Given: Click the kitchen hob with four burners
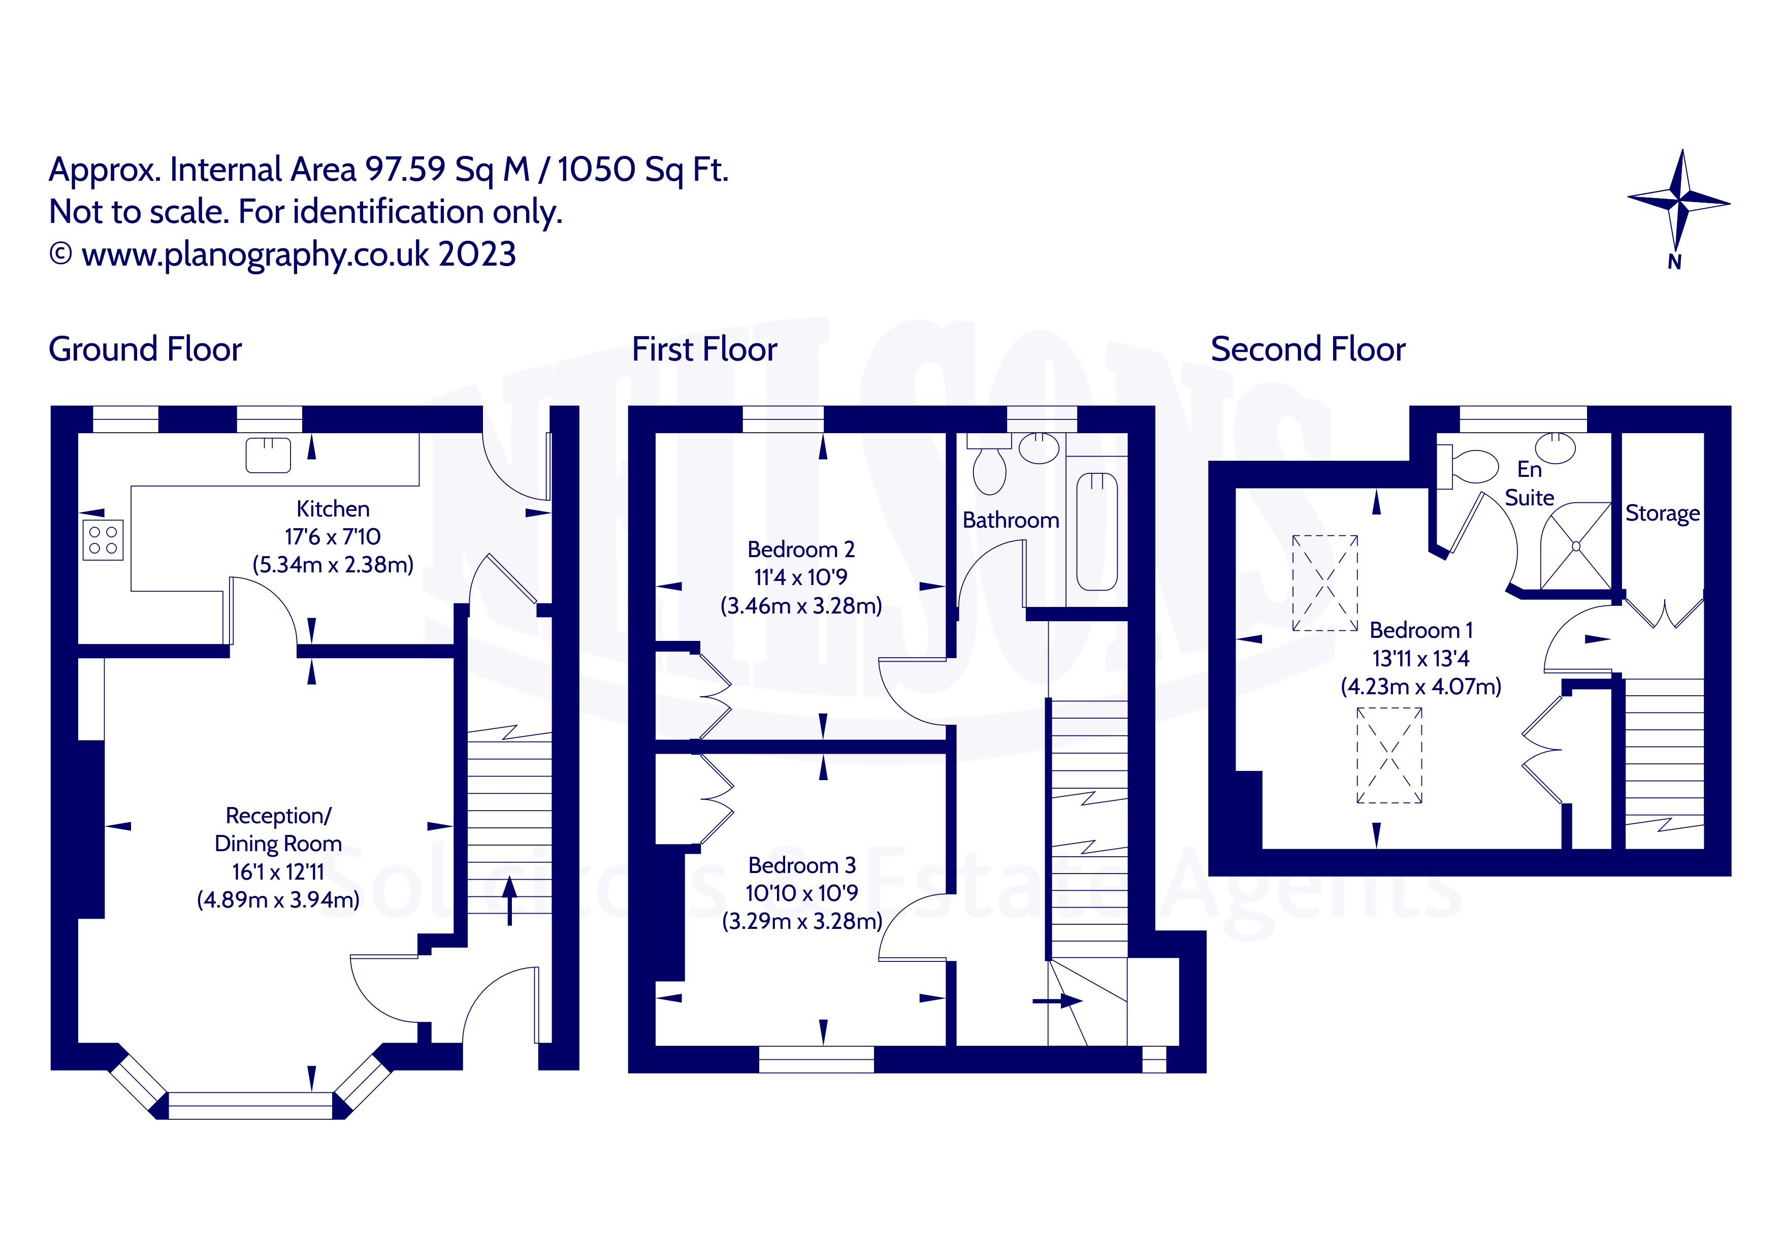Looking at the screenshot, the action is point(103,540).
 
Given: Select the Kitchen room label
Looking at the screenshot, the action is point(333,509).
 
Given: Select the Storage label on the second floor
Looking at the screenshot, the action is point(1662,513).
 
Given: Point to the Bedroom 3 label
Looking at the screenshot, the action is point(802,865).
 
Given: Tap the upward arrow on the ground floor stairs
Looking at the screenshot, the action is point(510,900).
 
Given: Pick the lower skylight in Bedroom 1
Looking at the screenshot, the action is point(1389,755).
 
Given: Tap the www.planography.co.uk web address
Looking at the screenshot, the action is point(255,254).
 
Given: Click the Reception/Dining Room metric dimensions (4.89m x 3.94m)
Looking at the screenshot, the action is point(278,899).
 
